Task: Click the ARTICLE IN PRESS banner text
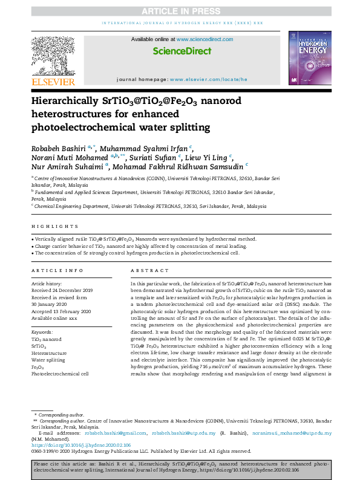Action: [180, 11]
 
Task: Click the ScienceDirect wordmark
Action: [180, 52]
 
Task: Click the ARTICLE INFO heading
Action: [57, 270]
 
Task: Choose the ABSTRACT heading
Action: [145, 270]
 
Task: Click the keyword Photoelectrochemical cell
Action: [60, 374]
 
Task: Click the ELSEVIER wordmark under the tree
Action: [53, 82]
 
